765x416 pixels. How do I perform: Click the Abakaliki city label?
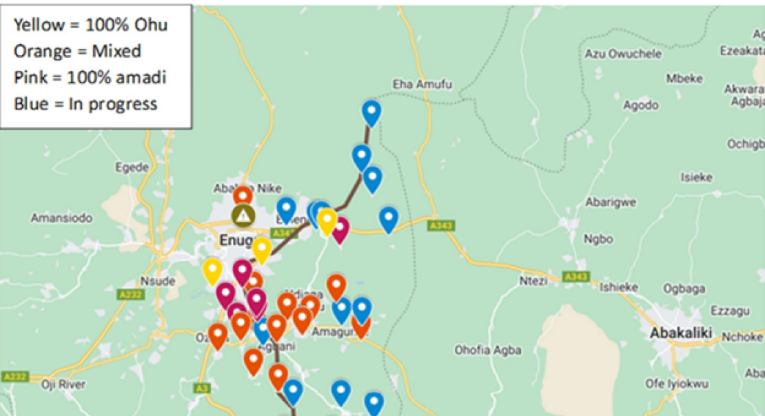pos(681,333)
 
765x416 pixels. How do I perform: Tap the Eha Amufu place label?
pos(422,84)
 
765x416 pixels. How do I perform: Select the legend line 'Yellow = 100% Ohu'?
pos(90,25)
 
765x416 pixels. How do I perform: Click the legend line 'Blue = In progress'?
pos(85,103)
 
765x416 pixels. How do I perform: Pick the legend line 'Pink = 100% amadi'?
pos(90,77)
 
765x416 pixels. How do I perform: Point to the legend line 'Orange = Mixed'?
pos(77,51)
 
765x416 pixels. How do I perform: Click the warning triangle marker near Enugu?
pos(242,216)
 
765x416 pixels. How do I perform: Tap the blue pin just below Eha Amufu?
pos(371,112)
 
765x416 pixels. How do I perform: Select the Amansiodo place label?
pos(61,218)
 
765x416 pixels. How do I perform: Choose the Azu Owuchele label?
pos(622,54)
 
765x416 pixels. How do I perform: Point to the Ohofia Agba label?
pos(482,350)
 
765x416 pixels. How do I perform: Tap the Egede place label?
pos(132,167)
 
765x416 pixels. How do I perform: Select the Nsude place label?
pos(158,281)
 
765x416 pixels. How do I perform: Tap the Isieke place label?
pos(696,177)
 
